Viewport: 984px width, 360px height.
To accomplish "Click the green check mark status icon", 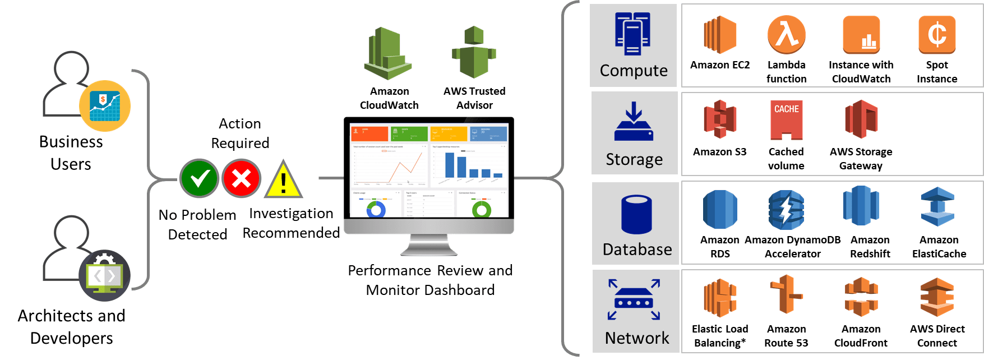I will pos(199,178).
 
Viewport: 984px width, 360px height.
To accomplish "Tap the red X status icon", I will pos(241,178).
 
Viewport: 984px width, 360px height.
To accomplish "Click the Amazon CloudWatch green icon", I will pos(389,54).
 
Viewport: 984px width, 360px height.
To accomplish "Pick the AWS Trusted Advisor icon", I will pos(474,53).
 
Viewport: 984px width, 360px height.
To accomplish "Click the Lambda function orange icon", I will pos(786,34).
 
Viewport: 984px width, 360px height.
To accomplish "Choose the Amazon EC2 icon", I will pos(720,35).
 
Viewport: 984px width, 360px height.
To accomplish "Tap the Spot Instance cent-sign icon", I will pos(936,34).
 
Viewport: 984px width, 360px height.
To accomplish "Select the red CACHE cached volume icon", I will pos(786,119).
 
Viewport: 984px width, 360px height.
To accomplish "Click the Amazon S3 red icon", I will pos(720,119).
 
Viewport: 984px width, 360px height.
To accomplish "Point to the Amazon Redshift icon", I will pos(861,207).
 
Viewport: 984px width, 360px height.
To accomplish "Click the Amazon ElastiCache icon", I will pos(937,207).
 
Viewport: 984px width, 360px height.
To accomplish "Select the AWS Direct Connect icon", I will pos(937,297).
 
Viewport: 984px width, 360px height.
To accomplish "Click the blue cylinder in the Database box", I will pos(636,214).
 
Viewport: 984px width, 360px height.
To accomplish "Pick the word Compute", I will pos(634,71).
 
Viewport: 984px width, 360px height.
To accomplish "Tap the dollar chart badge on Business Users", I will pos(105,106).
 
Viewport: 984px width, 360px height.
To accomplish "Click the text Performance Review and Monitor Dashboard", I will pos(430,280).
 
